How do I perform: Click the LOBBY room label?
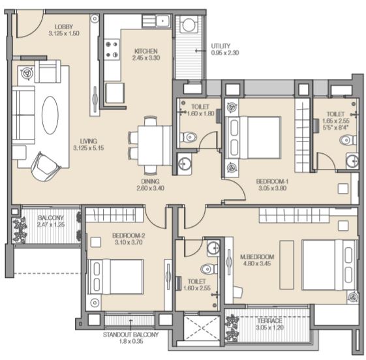click(64, 27)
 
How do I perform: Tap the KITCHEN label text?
click(146, 51)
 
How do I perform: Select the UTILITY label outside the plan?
click(221, 46)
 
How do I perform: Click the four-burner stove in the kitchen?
click(112, 49)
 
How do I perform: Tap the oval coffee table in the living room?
click(50, 115)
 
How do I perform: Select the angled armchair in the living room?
click(46, 166)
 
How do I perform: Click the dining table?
click(155, 145)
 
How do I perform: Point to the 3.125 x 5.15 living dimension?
click(89, 148)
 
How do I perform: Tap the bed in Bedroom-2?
click(115, 277)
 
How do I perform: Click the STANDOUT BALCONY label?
click(130, 335)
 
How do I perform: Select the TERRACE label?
click(269, 321)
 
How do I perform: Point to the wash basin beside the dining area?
click(185, 164)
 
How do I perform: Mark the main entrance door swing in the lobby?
click(29, 23)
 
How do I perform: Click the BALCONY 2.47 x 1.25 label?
click(51, 221)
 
